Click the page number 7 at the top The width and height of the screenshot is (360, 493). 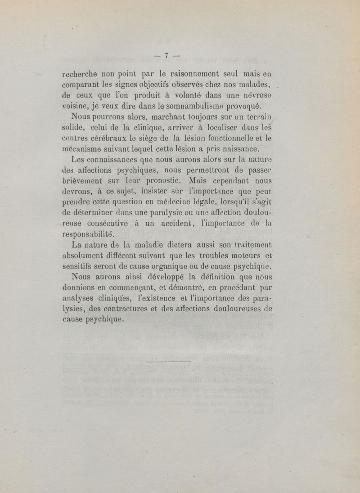[x=166, y=55]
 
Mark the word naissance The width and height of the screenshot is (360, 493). [x=238, y=148]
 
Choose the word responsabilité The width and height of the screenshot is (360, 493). [x=89, y=234]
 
